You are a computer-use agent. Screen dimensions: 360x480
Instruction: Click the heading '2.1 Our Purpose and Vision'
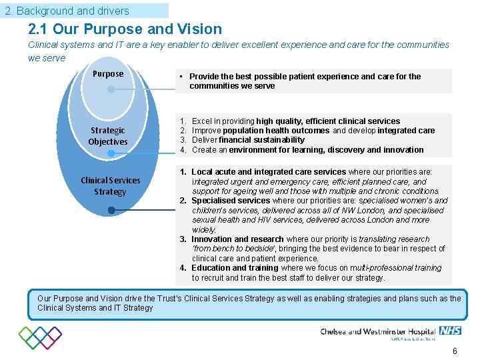[125, 29]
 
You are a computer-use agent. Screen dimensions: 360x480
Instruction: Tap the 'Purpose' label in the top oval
[107, 74]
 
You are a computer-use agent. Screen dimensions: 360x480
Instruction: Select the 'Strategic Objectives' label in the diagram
[107, 136]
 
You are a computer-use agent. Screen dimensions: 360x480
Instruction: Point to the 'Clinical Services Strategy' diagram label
[110, 186]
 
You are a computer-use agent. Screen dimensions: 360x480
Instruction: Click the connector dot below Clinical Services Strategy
[111, 211]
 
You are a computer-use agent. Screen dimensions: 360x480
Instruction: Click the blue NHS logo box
[450, 331]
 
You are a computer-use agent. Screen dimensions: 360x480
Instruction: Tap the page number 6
[455, 351]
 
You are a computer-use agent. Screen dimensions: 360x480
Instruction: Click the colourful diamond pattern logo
[40, 337]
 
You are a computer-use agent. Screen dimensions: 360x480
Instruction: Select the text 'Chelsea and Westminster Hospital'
[377, 331]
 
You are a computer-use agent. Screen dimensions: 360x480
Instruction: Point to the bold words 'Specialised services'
[231, 201]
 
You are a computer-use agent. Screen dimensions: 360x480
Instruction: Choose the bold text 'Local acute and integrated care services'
[269, 172]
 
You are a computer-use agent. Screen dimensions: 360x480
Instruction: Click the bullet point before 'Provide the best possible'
[181, 77]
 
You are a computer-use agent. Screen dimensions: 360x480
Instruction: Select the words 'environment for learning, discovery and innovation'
[327, 150]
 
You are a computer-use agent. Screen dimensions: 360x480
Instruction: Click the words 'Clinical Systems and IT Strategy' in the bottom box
[95, 308]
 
